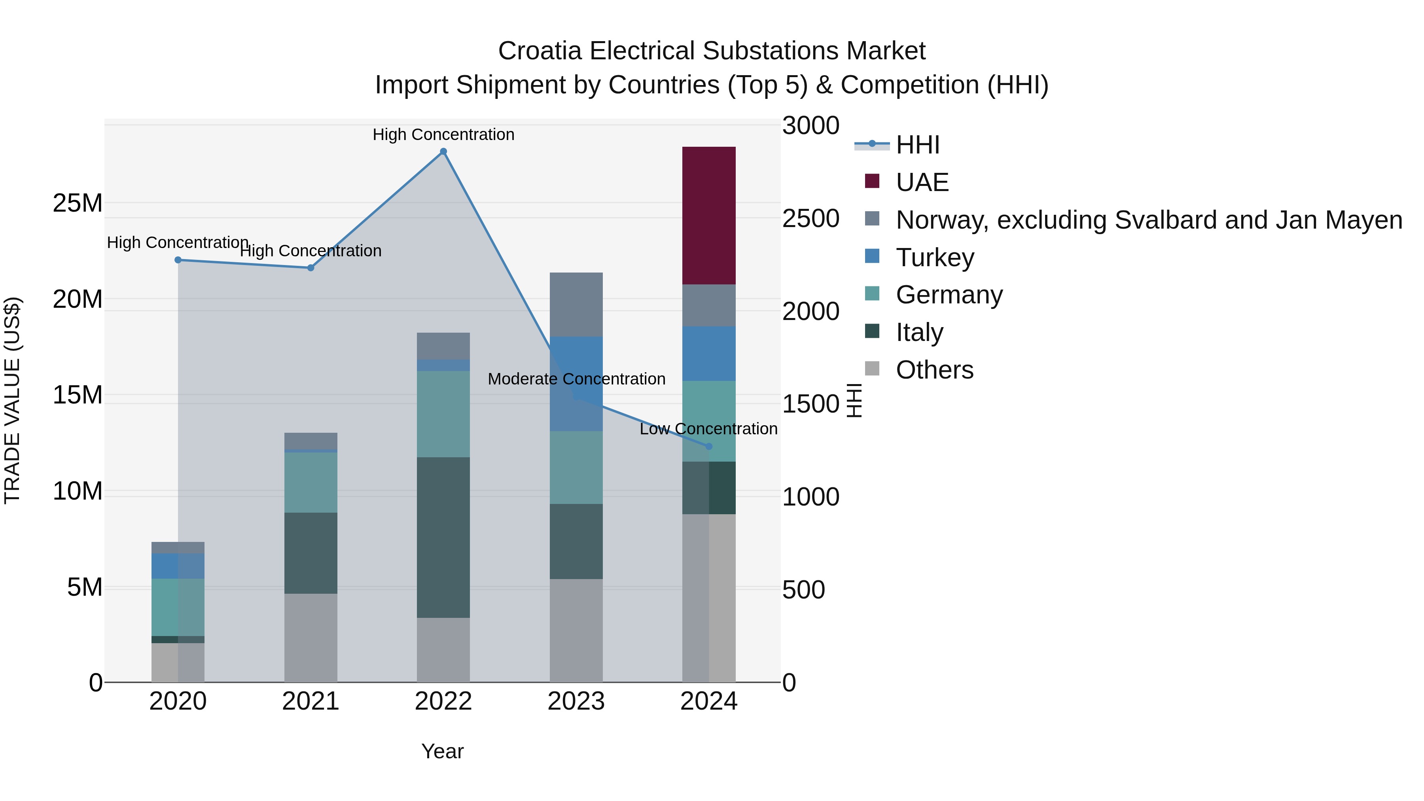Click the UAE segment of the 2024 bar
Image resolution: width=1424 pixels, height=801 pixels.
coord(709,216)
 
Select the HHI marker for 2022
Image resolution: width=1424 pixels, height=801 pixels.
coord(443,151)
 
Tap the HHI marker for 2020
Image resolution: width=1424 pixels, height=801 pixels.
coord(178,260)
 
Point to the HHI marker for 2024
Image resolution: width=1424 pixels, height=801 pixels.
coord(709,446)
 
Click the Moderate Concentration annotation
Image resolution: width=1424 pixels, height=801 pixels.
coord(577,379)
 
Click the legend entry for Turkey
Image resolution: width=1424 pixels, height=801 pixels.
coord(934,258)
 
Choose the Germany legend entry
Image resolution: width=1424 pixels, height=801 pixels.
coord(949,295)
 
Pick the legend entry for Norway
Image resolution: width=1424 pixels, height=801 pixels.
coord(1148,220)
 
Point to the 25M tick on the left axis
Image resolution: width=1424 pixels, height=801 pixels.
coord(78,203)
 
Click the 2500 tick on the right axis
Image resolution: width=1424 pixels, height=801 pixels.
coord(810,218)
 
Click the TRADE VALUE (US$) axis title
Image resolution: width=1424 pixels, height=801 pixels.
coord(12,400)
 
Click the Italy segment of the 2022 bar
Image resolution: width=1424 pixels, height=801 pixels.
coord(443,537)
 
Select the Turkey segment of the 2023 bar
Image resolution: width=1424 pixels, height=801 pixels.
coord(576,384)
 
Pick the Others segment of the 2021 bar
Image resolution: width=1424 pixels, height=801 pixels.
coord(311,638)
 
